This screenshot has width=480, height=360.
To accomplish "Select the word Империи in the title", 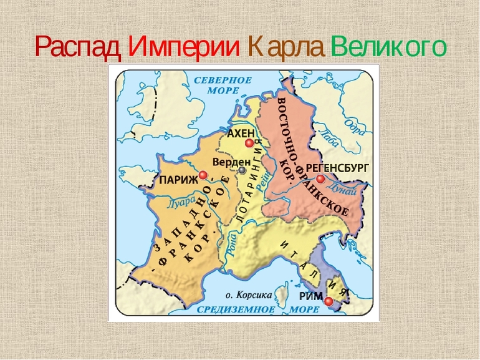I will [x=184, y=46].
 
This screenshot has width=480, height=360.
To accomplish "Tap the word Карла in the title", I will [x=286, y=46].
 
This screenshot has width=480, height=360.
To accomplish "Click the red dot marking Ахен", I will [x=249, y=144].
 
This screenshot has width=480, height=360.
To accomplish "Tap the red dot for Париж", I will [x=203, y=175].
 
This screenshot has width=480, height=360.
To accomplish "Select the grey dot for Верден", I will [x=242, y=170].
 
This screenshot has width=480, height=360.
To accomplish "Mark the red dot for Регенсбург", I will [x=320, y=178].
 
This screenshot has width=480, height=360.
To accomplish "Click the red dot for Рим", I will [x=329, y=301].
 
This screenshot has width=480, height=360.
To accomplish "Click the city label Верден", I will [x=231, y=161].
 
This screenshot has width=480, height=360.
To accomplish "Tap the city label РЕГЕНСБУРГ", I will [x=338, y=168].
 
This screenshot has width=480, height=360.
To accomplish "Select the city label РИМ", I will [x=311, y=298].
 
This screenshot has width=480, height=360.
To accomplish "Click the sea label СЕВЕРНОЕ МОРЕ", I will [x=222, y=85].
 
